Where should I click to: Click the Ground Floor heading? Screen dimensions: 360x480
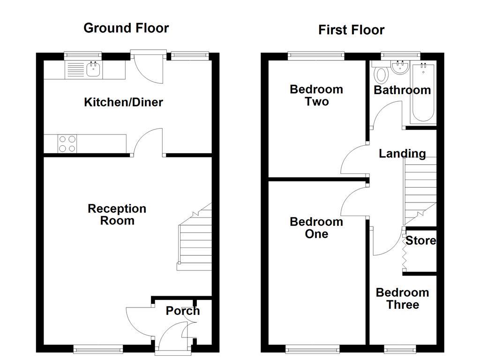pyautogui.click(x=126, y=28)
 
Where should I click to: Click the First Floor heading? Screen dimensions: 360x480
pyautogui.click(x=351, y=30)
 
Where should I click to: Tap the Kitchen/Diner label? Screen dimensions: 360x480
pyautogui.click(x=123, y=102)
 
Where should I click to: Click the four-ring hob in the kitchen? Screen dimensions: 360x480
pyautogui.click(x=67, y=143)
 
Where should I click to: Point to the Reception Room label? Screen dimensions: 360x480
pyautogui.click(x=117, y=215)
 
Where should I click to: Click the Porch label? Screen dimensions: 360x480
pyautogui.click(x=182, y=311)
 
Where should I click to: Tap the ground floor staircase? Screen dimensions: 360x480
pyautogui.click(x=194, y=244)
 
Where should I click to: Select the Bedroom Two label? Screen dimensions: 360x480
pyautogui.click(x=316, y=95)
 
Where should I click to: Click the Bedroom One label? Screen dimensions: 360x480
pyautogui.click(x=316, y=228)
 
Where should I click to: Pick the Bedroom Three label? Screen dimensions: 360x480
pyautogui.click(x=402, y=299)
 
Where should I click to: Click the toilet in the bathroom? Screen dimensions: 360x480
pyautogui.click(x=381, y=75)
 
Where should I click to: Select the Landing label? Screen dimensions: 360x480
pyautogui.click(x=402, y=153)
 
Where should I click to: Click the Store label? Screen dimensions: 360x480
pyautogui.click(x=420, y=241)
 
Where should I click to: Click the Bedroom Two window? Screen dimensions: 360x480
pyautogui.click(x=316, y=55)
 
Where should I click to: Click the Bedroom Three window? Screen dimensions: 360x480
pyautogui.click(x=400, y=349)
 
